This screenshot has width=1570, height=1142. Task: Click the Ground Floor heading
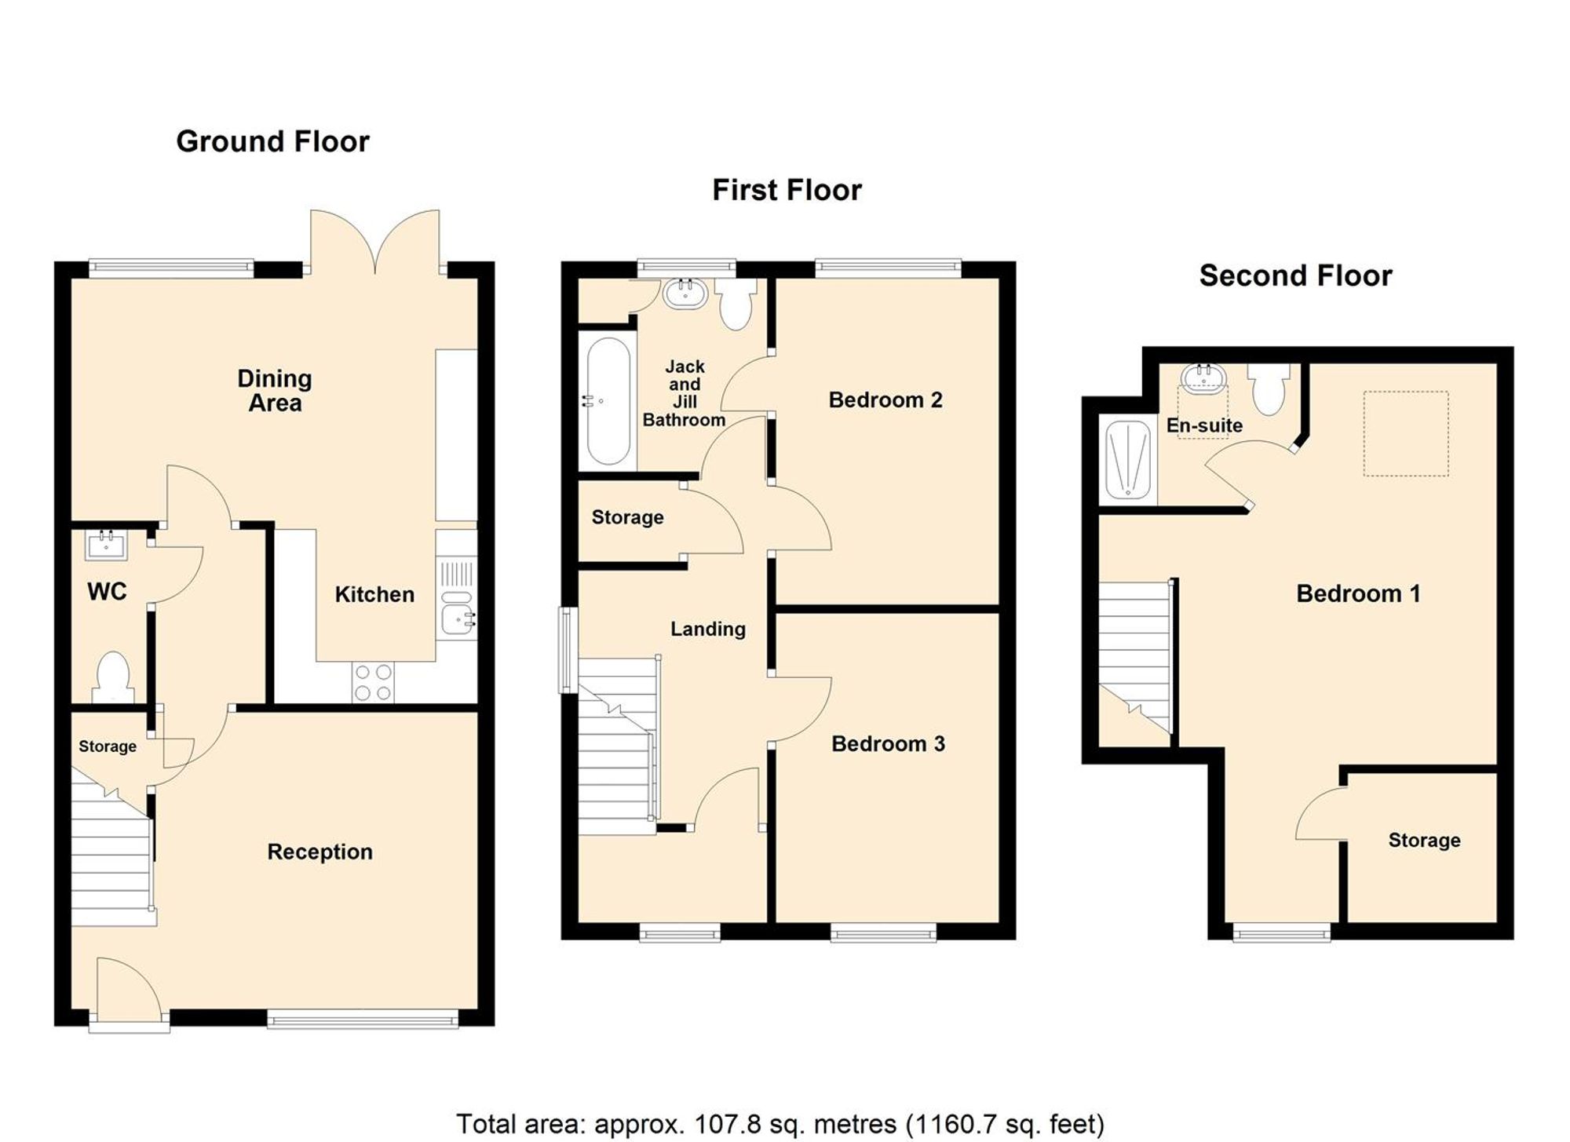[272, 141]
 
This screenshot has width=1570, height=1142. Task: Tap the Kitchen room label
[374, 594]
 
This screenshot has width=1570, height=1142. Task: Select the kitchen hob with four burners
[373, 682]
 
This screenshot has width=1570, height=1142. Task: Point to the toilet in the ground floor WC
[112, 677]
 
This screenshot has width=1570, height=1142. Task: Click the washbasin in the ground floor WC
[106, 544]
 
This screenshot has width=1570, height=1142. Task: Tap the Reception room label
[319, 852]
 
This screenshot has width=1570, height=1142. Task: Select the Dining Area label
[275, 390]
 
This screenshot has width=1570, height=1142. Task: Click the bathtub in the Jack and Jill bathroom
[608, 401]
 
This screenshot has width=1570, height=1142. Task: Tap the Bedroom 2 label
[885, 400]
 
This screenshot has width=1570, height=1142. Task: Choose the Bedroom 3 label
[888, 743]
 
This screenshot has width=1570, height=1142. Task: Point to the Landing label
[707, 629]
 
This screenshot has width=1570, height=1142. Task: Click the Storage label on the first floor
[627, 517]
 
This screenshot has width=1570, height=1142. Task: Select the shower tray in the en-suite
[1128, 460]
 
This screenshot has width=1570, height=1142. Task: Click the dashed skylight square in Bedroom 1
[1405, 433]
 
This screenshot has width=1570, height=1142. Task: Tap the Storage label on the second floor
[1424, 840]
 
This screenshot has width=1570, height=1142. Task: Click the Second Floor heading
[1295, 275]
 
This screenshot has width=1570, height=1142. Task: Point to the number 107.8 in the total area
[728, 1124]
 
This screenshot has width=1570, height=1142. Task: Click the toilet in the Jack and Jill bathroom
[736, 305]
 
